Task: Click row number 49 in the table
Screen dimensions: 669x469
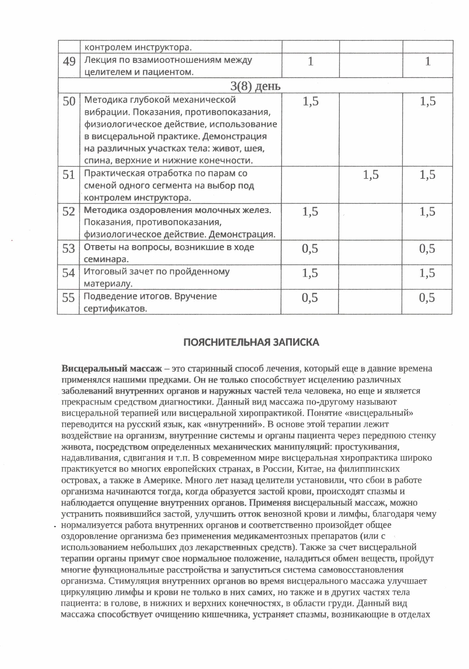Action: [x=69, y=61]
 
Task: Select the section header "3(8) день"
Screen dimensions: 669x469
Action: [x=255, y=86]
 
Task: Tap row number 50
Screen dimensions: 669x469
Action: [x=69, y=101]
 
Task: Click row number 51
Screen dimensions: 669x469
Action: [x=69, y=175]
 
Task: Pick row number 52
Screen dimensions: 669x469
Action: [x=69, y=211]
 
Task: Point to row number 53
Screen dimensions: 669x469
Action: [x=69, y=249]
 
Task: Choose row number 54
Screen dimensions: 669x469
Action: [x=69, y=273]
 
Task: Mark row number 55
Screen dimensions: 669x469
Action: [x=69, y=298]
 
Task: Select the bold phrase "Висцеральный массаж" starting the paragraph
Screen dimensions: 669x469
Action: [x=111, y=369]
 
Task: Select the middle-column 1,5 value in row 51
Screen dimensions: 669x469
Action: [x=371, y=175]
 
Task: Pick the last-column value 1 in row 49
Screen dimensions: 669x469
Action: [x=428, y=61]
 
